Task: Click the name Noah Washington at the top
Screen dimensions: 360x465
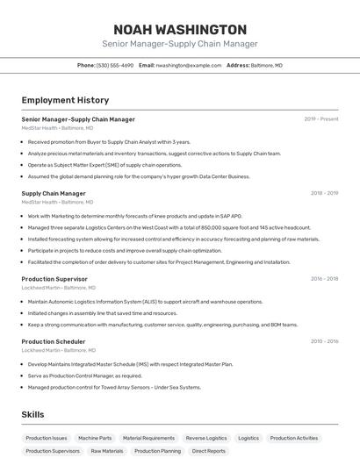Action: (x=179, y=29)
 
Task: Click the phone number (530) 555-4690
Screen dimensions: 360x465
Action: (x=115, y=65)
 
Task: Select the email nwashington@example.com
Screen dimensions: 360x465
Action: (x=189, y=65)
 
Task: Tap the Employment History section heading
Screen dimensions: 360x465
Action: (x=65, y=100)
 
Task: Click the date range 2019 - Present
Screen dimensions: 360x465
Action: (x=321, y=118)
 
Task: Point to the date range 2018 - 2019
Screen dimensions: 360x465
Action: (x=324, y=193)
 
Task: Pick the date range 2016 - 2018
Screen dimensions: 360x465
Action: (x=324, y=279)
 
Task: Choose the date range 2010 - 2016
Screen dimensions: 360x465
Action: (x=324, y=341)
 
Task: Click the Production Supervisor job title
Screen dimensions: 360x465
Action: (x=54, y=279)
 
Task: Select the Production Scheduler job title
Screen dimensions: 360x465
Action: (x=54, y=341)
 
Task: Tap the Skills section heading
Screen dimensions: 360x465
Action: (x=32, y=414)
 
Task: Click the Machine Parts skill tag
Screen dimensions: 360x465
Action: (x=95, y=438)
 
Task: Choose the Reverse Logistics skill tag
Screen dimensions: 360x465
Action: (x=206, y=438)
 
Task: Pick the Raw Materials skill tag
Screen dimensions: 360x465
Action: (x=107, y=451)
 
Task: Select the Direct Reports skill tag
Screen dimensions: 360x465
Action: (x=209, y=451)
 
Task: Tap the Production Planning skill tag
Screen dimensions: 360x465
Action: (x=158, y=451)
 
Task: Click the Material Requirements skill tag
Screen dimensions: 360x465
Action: (x=148, y=438)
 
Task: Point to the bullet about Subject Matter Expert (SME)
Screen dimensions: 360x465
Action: (x=104, y=164)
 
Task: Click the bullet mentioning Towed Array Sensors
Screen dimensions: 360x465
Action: (x=114, y=387)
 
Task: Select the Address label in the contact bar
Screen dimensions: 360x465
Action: (x=238, y=65)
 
